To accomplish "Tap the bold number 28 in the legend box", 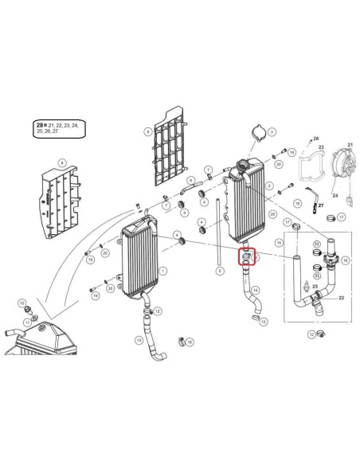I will coord(41,126).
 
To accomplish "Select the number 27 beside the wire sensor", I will coord(323,205).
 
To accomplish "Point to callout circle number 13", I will coord(139,341).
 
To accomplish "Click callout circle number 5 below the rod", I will coord(219,271).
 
